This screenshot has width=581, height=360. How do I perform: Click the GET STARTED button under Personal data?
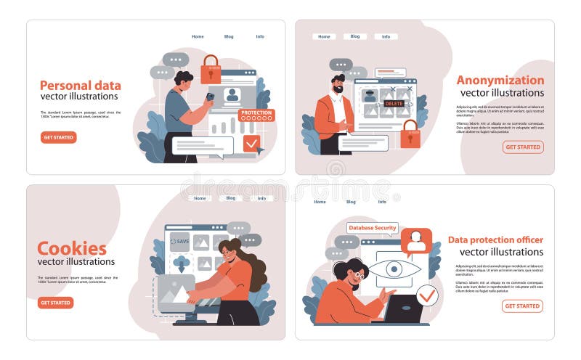(x=59, y=137)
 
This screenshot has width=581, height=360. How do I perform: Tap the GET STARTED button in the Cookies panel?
(x=56, y=303)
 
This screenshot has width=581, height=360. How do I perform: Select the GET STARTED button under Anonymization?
(x=523, y=147)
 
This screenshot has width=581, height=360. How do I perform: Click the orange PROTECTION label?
(x=256, y=113)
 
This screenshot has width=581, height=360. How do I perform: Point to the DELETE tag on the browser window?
(x=394, y=104)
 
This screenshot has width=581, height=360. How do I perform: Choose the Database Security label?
(x=373, y=228)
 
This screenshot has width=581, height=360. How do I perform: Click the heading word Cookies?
(x=72, y=248)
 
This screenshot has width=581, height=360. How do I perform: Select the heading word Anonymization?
(x=500, y=80)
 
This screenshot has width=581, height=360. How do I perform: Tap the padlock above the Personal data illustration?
(x=211, y=68)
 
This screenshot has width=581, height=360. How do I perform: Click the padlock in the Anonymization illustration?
(x=410, y=134)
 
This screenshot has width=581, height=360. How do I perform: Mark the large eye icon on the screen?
(x=394, y=269)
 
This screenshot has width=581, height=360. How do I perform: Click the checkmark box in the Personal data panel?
(x=251, y=143)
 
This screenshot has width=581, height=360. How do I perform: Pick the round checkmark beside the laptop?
(x=428, y=295)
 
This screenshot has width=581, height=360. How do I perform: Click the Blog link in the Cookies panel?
(x=231, y=198)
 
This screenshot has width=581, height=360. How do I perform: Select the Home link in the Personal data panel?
(x=198, y=36)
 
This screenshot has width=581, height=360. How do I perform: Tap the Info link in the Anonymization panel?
(x=386, y=36)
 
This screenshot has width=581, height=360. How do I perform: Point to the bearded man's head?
(x=338, y=83)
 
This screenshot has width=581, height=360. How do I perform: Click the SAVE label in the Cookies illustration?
(x=180, y=241)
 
